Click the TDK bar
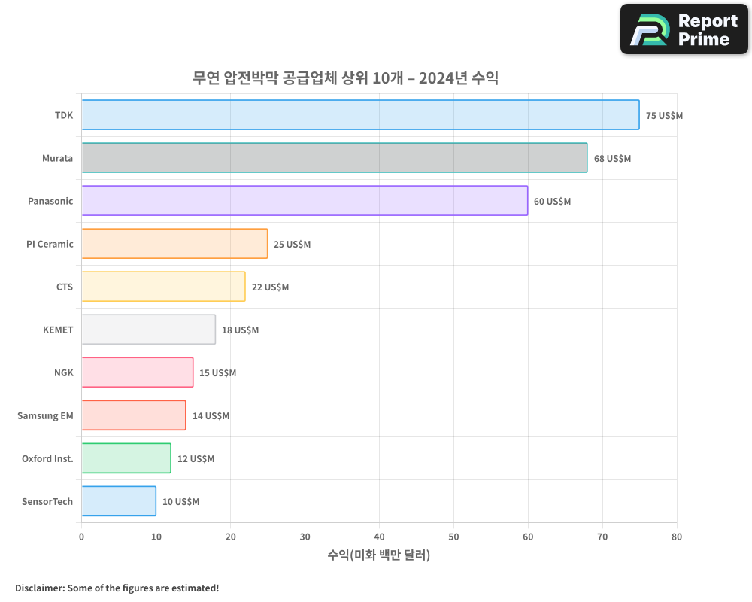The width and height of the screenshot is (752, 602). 360,115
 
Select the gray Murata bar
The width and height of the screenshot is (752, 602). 334,158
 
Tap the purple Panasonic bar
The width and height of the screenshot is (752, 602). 305,201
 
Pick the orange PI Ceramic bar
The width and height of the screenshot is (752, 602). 174,244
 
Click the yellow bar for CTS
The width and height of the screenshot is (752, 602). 163,287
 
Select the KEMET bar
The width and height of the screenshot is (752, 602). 148,330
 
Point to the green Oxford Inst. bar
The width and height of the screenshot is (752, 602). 126,458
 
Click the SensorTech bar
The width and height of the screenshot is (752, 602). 119,501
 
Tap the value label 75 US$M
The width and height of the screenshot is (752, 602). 664,116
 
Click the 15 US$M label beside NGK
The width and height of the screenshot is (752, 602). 217,373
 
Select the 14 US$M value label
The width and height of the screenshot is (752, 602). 211,416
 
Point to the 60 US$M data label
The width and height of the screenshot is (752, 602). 552,202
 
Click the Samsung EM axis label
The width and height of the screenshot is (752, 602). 45,415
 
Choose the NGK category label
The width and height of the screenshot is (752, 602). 64,372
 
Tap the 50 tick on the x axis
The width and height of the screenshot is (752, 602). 453,537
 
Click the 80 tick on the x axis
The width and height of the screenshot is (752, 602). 677,537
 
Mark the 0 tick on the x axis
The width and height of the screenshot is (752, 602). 81,537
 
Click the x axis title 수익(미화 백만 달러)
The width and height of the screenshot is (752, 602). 379,555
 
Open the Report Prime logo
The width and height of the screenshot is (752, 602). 684,29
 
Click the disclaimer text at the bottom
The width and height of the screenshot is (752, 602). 117,588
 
